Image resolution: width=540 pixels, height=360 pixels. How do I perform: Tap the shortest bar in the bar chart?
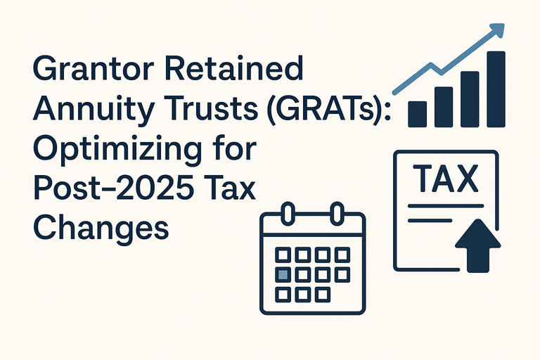coord(418,113)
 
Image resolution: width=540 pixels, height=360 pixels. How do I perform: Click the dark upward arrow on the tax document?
coord(477,243)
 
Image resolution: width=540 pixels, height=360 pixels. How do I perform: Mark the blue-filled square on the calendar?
coord(283,274)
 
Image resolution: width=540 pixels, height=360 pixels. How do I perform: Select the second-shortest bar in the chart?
coord(443,107)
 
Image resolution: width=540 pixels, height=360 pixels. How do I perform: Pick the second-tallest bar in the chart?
coord(469,98)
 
